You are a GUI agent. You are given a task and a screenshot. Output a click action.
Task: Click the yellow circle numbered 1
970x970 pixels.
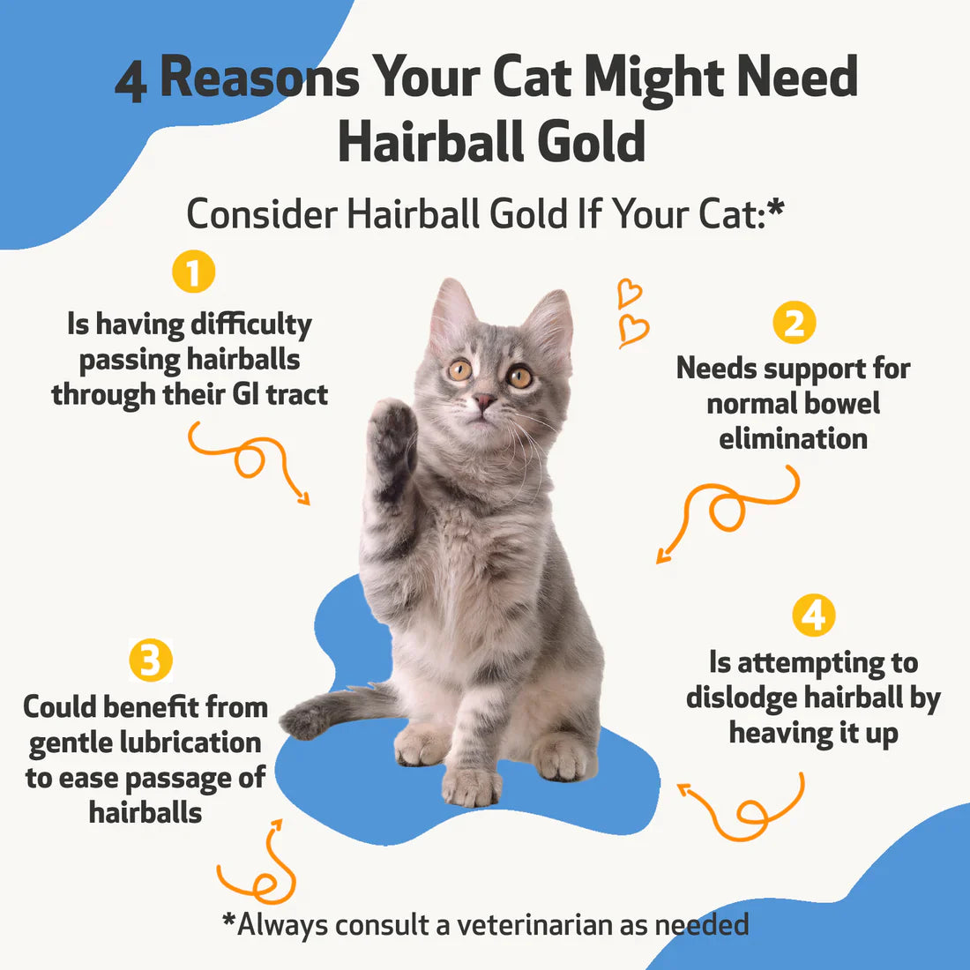(x=193, y=272)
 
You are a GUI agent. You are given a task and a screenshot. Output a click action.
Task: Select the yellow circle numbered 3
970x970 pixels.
(x=150, y=660)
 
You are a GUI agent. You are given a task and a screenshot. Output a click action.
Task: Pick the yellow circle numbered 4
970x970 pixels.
(x=813, y=615)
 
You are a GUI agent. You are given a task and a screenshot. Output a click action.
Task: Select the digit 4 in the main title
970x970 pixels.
(x=131, y=83)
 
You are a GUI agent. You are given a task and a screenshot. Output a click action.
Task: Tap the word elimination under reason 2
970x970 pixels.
(x=793, y=438)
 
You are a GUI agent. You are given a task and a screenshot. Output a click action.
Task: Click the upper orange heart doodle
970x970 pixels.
(x=629, y=292)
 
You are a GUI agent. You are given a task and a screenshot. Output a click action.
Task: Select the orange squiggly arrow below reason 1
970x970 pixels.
(x=251, y=459)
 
